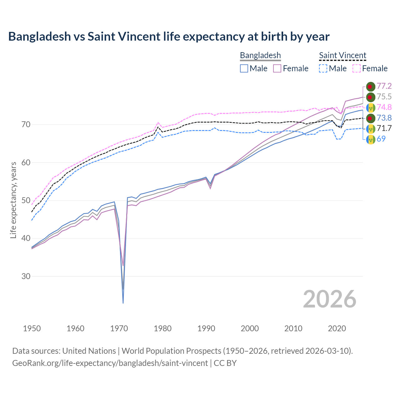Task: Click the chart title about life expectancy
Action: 169,37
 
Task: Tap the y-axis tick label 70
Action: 26,125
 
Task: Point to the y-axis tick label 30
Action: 26,277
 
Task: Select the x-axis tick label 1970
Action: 119,328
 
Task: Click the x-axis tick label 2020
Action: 337,328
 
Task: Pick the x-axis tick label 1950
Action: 32,328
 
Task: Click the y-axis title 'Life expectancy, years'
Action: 13,200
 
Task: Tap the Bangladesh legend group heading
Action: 260,56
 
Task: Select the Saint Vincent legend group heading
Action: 342,56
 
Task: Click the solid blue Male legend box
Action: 244,68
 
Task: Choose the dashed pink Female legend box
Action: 357,68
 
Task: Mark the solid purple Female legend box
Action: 277,68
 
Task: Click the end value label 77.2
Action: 384,86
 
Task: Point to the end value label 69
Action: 381,139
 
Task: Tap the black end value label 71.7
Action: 384,128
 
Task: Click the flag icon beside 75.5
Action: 371,97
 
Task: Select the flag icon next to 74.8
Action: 371,107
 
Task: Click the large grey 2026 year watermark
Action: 329,299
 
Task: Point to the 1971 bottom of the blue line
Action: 123,303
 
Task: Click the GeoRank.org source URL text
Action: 110,363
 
